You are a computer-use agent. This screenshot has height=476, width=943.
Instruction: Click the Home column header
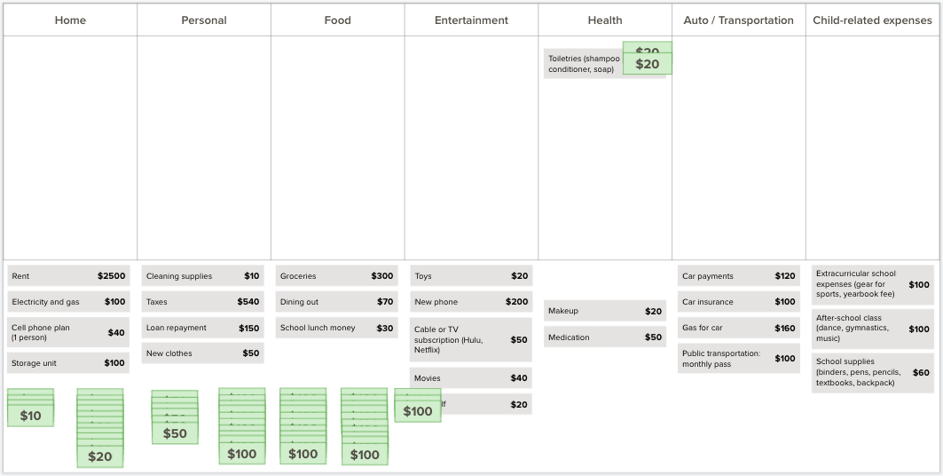pos(70,20)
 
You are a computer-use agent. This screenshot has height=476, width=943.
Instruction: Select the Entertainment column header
pos(471,20)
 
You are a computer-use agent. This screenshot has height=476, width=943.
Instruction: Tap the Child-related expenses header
pos(872,20)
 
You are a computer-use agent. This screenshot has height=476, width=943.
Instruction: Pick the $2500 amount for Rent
pos(112,276)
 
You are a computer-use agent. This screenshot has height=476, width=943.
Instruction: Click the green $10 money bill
pos(30,416)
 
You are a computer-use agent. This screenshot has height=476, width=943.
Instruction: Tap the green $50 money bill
pos(175,433)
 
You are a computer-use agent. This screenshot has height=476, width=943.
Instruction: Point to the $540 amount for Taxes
pos(248,302)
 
